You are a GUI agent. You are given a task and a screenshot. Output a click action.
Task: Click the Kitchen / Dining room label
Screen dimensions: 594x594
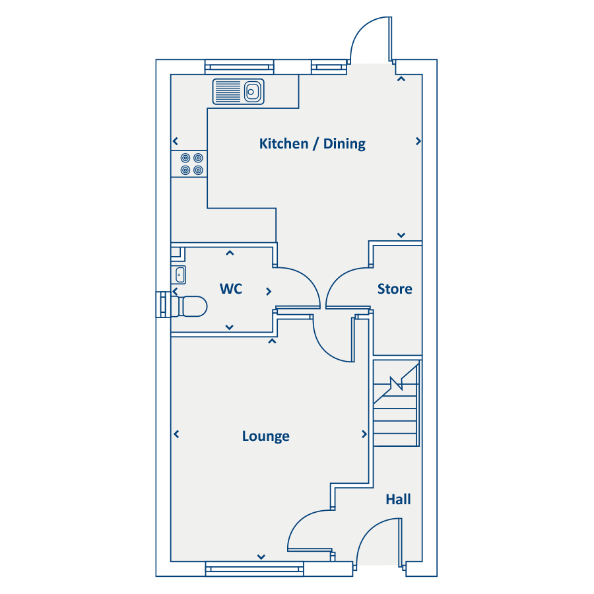tap(312, 144)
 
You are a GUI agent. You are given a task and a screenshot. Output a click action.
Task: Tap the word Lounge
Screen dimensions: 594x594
tap(265, 436)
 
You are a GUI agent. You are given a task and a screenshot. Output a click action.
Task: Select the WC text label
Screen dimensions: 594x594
tap(231, 288)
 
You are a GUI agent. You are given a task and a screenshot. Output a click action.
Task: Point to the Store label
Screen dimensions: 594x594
tap(395, 288)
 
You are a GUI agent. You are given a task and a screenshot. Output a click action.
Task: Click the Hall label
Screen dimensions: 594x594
tap(398, 500)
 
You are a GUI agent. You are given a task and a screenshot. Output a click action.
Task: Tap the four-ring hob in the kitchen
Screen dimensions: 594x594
tap(191, 164)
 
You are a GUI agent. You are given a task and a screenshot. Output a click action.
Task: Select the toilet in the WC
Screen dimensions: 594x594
tap(189, 306)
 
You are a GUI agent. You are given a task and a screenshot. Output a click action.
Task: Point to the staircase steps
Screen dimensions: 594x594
tap(396, 403)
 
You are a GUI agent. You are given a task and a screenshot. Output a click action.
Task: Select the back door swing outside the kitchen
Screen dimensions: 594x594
tap(371, 40)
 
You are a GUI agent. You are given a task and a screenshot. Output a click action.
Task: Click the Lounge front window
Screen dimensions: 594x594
tap(255, 569)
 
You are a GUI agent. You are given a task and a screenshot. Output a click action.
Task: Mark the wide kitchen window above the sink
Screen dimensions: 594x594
tap(239, 67)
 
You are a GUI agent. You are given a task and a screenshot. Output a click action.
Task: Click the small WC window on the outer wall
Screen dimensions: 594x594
tap(163, 304)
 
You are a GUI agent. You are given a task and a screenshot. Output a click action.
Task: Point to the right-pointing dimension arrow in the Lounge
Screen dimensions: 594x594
tap(364, 434)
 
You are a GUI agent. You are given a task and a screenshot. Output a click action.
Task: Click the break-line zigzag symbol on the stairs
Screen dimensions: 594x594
tap(397, 383)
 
